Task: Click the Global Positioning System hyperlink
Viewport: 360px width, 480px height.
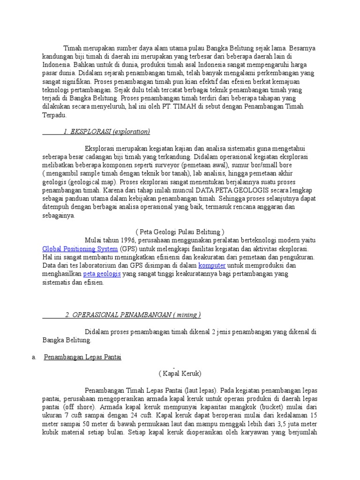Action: [80, 249]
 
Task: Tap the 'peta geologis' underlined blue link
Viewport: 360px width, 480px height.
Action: [102, 274]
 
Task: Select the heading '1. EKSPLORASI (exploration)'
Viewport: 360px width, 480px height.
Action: [106, 132]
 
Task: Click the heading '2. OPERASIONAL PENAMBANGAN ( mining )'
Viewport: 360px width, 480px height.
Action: [133, 315]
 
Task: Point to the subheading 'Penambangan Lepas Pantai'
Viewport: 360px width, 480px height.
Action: [82, 357]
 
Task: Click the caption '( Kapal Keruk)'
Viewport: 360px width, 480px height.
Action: [180, 373]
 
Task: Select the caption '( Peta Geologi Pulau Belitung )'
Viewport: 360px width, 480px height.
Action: [180, 232]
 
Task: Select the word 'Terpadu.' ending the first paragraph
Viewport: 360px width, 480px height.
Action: [54, 115]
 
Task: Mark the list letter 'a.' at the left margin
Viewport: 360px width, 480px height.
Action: [34, 357]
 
